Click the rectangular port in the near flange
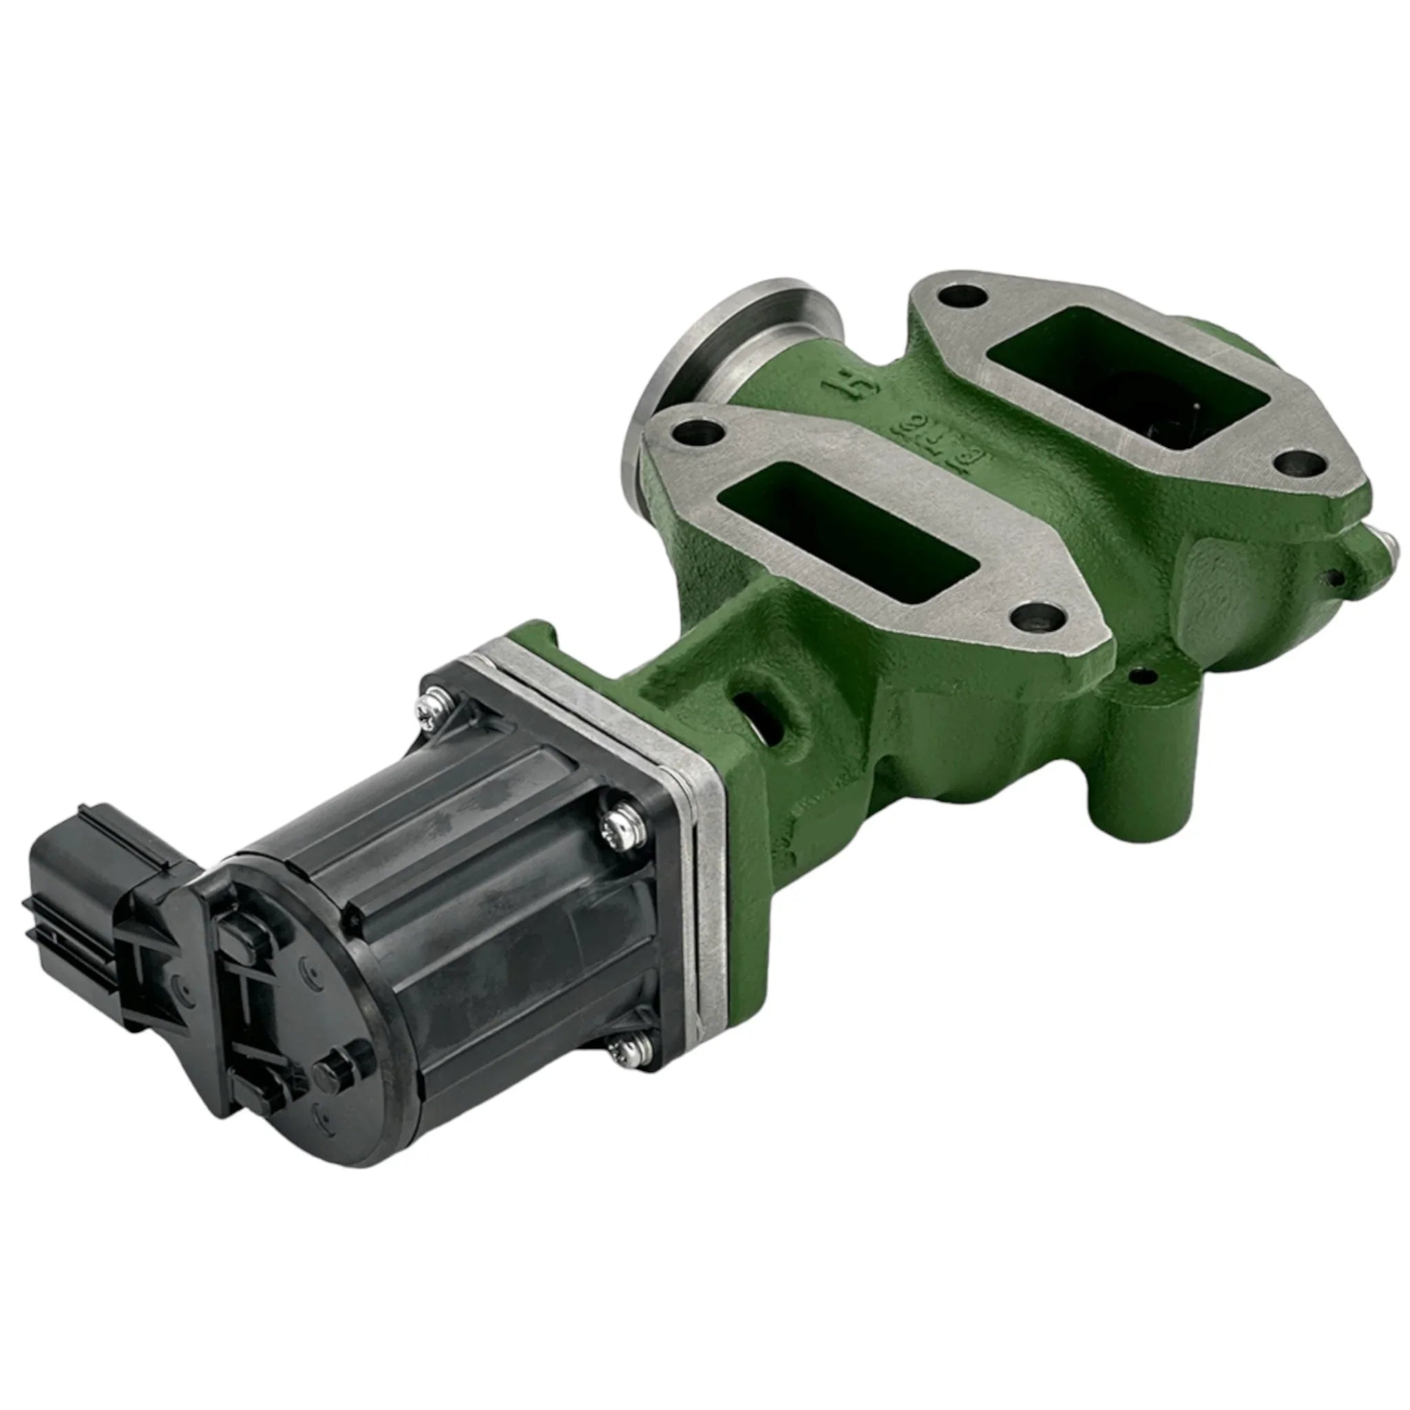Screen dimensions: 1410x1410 (847, 525)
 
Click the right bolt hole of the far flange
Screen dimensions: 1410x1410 (1300, 462)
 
